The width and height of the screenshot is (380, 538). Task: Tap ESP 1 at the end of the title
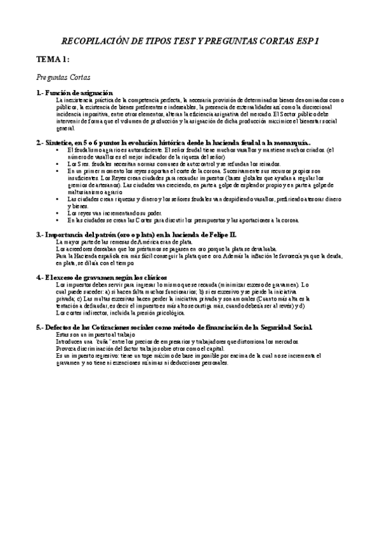[x=305, y=40]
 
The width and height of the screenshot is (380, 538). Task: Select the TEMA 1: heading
[x=53, y=59]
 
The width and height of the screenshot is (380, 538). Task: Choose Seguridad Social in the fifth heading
[x=283, y=327]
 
